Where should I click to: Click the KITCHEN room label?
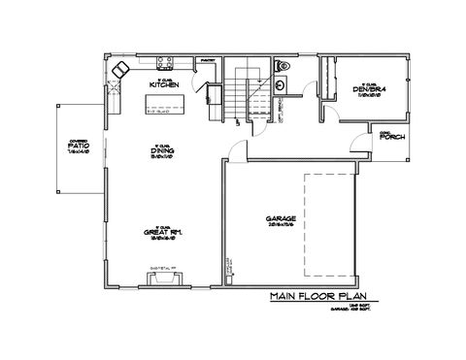[x=162, y=84]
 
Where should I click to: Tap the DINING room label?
[x=162, y=152]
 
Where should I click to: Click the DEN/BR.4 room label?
[x=371, y=90]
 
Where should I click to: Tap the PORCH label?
[x=392, y=137]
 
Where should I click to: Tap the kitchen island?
[x=164, y=108]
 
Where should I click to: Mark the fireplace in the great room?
[x=163, y=279]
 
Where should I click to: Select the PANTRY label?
[x=207, y=60]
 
